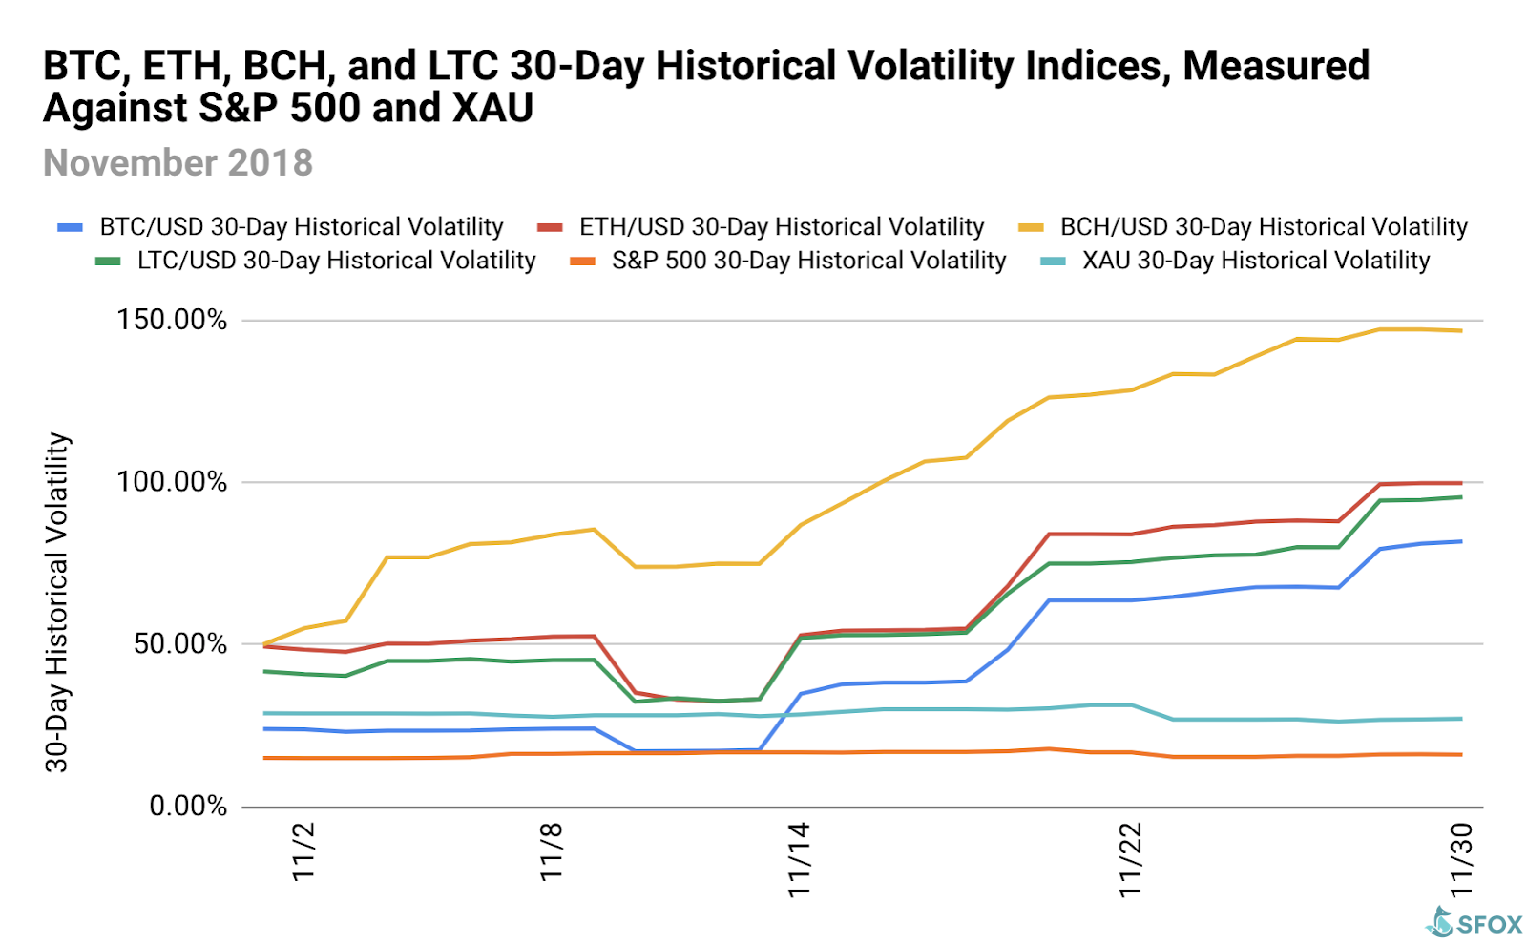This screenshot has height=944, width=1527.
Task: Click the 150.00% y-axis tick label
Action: (172, 320)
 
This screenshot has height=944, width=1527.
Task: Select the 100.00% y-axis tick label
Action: (172, 481)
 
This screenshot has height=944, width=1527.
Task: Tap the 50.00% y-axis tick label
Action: (180, 643)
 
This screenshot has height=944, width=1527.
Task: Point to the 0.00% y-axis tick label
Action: (188, 807)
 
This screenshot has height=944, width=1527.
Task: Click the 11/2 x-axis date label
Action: (303, 851)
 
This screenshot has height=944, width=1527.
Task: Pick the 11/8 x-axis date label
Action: (552, 851)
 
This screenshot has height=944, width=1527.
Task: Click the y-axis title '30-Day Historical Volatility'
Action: (57, 601)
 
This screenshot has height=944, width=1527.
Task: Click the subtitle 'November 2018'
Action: (178, 163)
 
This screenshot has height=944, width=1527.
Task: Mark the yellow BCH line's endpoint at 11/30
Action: (1461, 331)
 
